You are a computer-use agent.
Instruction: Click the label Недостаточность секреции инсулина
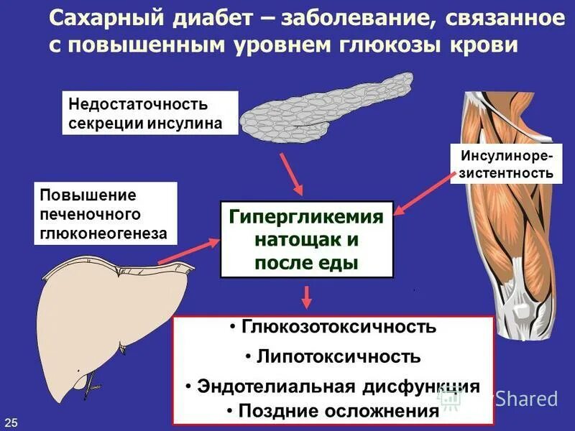149,113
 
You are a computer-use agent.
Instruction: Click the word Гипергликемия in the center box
306,218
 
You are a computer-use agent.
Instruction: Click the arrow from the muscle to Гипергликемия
424,193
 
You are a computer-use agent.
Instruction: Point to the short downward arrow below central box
307,296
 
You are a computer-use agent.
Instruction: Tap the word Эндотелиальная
276,386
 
